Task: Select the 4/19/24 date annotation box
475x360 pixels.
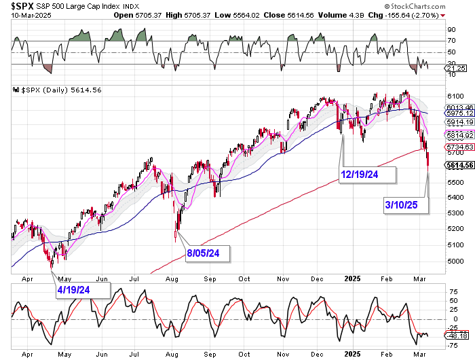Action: (83, 289)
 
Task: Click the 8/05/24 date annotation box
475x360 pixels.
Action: (208, 254)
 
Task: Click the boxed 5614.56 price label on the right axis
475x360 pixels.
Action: (459, 165)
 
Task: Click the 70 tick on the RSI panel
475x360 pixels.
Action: (450, 41)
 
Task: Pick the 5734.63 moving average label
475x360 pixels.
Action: (458, 147)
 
